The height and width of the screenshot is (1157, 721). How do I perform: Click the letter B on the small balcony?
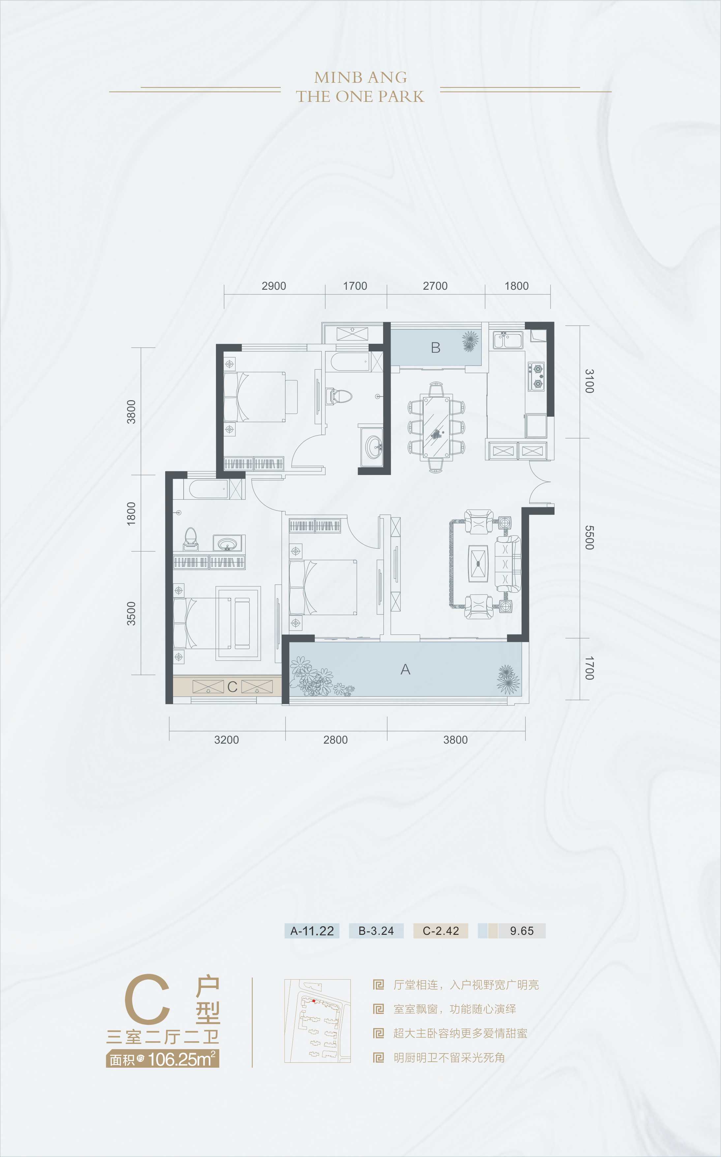(x=436, y=347)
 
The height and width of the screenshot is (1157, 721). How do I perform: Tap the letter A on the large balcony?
(x=405, y=670)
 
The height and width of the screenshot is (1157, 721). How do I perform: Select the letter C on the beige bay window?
(x=232, y=687)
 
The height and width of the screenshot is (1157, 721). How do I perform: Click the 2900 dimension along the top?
(x=274, y=286)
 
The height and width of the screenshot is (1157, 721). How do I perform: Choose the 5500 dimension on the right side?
(x=589, y=537)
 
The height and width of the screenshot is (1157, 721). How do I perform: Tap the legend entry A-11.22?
(x=312, y=931)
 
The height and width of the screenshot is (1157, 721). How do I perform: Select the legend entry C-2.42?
(x=440, y=931)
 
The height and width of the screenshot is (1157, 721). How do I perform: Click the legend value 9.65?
(x=522, y=931)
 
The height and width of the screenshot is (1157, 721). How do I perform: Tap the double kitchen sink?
(x=507, y=341)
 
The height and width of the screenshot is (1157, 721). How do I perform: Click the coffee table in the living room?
(x=478, y=563)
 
